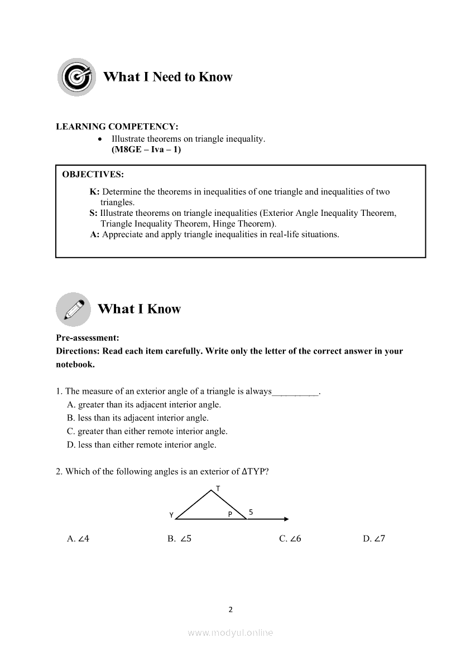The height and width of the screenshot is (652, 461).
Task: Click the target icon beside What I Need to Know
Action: click(76, 77)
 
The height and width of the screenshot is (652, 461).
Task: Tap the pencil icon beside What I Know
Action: click(74, 309)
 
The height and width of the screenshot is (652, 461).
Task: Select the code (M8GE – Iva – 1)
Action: click(146, 149)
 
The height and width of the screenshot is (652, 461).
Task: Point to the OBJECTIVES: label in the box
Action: click(93, 175)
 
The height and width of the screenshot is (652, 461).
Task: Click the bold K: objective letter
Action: click(94, 192)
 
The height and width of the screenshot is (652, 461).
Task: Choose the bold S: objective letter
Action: click(94, 213)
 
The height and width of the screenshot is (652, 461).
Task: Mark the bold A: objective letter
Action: click(95, 234)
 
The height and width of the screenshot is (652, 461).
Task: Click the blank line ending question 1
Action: click(295, 392)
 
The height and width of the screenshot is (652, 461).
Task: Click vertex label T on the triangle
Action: click(218, 489)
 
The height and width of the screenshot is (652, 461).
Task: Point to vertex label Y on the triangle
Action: click(171, 514)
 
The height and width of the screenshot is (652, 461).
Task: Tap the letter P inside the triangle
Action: click(229, 514)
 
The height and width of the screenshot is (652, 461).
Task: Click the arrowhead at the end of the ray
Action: click(286, 519)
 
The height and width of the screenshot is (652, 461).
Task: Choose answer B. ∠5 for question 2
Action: click(180, 539)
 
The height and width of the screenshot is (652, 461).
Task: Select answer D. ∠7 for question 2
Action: click(374, 539)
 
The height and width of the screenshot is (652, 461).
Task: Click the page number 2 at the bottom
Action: click(231, 610)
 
